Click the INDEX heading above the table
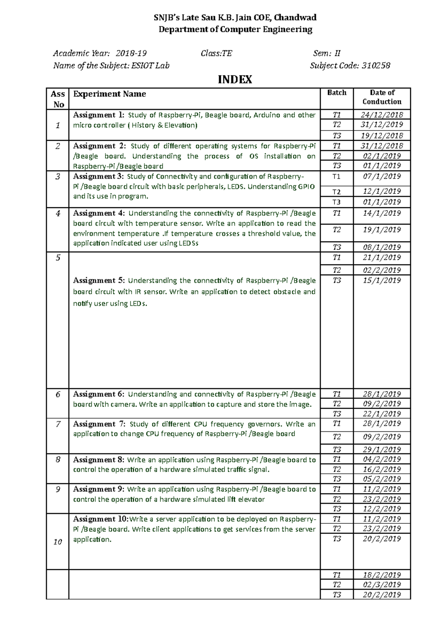tap(235, 80)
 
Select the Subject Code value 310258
tap(376, 66)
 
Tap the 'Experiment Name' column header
tap(110, 94)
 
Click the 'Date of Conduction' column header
tap(382, 97)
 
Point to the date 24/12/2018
tap(382, 115)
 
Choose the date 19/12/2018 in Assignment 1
tap(382, 136)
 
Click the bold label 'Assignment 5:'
tap(99, 281)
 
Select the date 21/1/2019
tap(382, 258)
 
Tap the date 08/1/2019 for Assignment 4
tap(382, 247)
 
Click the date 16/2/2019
tap(382, 469)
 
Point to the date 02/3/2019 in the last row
tap(382, 585)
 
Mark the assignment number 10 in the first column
tap(58, 542)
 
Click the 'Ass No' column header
tap(58, 99)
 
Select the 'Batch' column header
tap(337, 93)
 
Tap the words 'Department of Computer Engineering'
tap(235, 29)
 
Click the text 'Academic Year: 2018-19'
tap(100, 54)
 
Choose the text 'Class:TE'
tap(216, 54)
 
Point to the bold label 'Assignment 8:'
tap(99, 460)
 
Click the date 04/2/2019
tap(382, 459)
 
